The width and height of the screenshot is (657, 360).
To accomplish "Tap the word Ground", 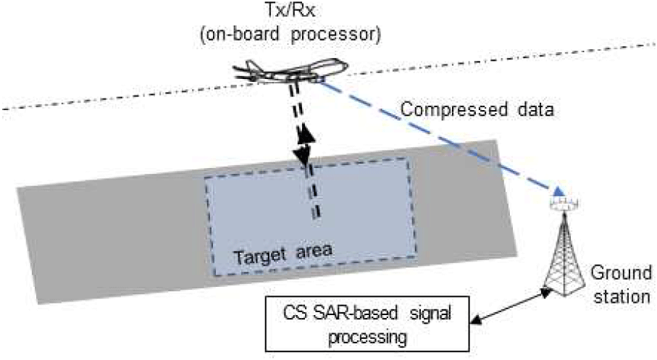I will pyautogui.click(x=612, y=276).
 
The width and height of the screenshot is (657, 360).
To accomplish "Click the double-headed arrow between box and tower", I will pyautogui.click(x=507, y=305).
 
